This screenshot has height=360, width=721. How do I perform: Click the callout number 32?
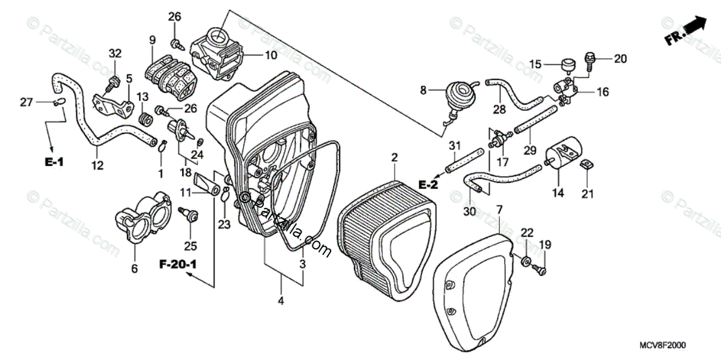115,54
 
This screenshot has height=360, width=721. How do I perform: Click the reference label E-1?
53,162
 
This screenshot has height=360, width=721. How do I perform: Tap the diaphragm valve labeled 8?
461,93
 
